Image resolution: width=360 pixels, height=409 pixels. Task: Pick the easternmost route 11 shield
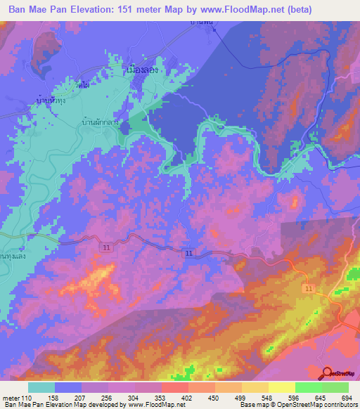(x=309, y=289)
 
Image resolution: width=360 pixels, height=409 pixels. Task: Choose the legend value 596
(x=295, y=397)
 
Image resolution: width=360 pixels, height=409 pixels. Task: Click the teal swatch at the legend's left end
(x=41, y=387)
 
